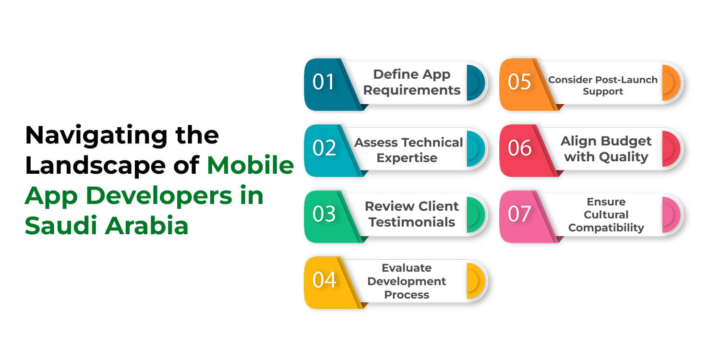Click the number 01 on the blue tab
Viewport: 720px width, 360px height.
coord(324,82)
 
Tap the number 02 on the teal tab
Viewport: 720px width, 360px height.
coord(324,148)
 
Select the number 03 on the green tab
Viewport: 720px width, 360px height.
coord(324,214)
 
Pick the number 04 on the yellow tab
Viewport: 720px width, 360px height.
coord(324,280)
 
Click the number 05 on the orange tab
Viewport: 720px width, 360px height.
coord(519,82)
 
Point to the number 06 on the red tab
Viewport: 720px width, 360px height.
coord(519,148)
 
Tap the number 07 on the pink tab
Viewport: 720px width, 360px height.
coord(519,214)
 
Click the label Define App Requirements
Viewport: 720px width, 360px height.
coord(411,82)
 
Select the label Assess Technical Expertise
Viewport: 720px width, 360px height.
coord(408,150)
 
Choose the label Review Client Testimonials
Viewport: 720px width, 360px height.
coord(411,214)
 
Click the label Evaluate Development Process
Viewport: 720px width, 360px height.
coord(407,281)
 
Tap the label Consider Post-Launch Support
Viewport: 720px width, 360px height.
coord(603,85)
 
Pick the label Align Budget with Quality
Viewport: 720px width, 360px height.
coord(606,149)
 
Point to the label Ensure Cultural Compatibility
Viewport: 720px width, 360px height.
coord(606,215)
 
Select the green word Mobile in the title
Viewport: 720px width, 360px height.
coord(251,165)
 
